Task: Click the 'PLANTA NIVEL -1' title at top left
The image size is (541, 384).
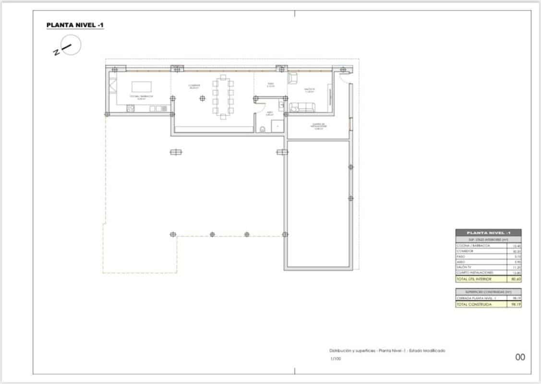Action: click(75, 25)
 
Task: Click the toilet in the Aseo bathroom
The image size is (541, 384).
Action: click(263, 128)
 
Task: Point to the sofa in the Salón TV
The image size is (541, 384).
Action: click(301, 108)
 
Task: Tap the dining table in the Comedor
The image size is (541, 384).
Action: click(223, 96)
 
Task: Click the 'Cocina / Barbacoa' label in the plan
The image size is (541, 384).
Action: click(141, 96)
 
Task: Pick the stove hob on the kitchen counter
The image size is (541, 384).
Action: click(130, 109)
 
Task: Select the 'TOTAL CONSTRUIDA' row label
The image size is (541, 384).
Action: click(470, 304)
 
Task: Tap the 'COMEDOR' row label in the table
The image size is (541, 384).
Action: click(466, 251)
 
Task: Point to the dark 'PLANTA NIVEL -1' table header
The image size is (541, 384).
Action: click(488, 232)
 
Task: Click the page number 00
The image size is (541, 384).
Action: click(520, 357)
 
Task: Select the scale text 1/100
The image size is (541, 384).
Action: click(335, 359)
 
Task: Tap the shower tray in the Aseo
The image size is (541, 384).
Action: click(277, 126)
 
